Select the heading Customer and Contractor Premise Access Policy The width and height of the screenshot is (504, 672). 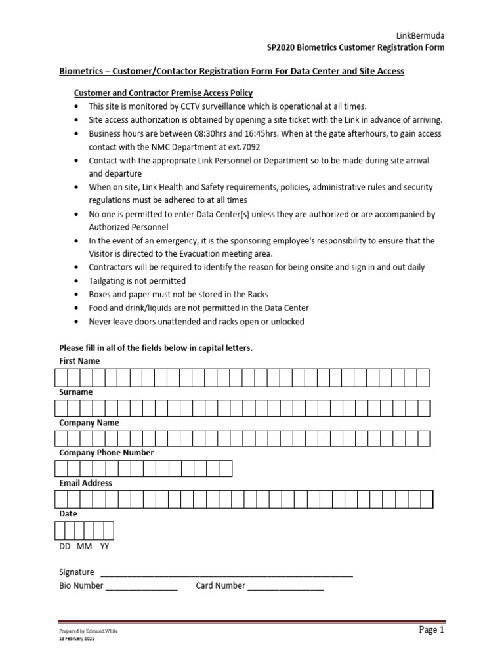163,93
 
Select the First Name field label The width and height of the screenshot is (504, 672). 79,361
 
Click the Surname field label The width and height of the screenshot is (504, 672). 75,392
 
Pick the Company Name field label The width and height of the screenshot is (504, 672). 89,423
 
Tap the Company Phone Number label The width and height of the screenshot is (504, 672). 106,453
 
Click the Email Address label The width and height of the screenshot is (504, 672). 85,483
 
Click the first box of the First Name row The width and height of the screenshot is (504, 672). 61,377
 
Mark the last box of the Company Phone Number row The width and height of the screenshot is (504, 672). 225,469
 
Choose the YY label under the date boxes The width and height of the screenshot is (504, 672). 105,546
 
